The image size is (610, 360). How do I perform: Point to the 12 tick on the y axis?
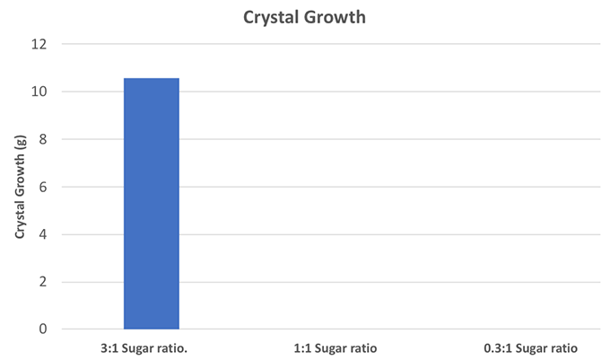[42, 44]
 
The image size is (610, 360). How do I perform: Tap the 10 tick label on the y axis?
[42, 92]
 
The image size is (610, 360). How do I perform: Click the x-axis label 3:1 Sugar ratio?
[151, 347]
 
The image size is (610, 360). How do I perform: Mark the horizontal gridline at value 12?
[359, 44]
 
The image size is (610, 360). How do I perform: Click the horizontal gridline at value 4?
[359, 234]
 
